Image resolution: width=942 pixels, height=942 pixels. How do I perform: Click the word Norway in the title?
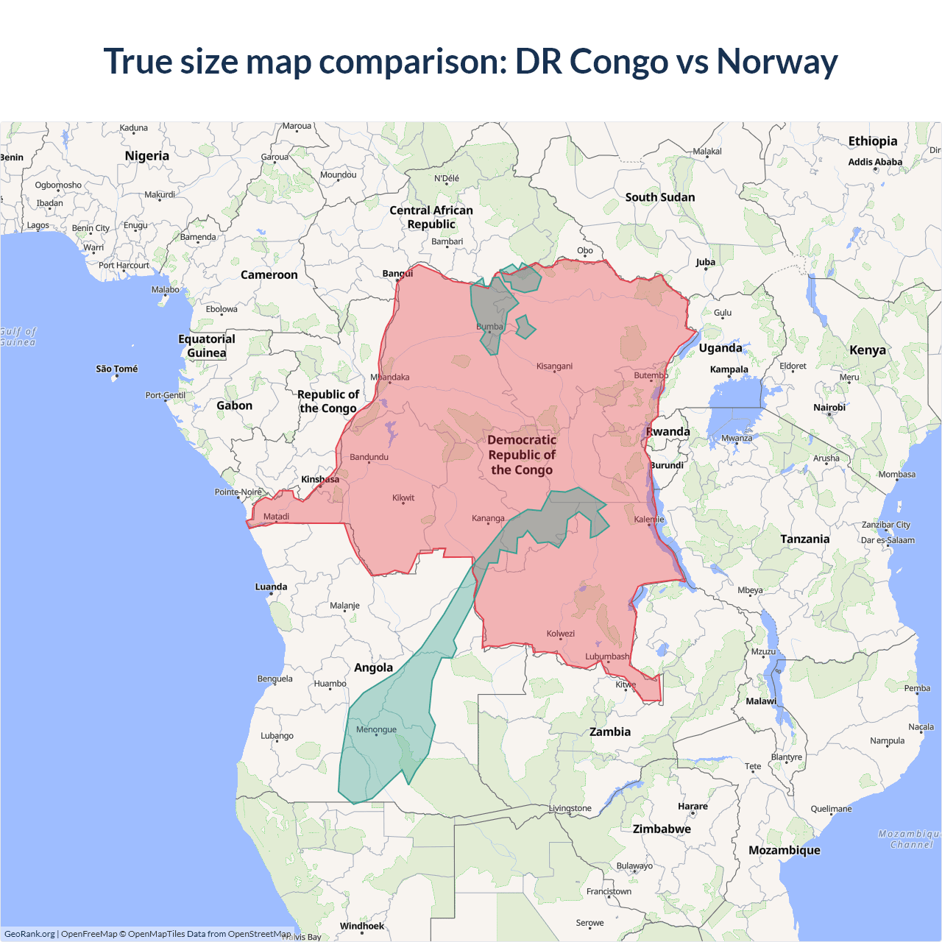tap(777, 62)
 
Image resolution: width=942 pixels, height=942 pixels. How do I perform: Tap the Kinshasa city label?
tap(320, 479)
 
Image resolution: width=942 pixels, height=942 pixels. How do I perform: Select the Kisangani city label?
tap(554, 366)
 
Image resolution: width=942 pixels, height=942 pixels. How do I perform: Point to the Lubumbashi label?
tap(607, 656)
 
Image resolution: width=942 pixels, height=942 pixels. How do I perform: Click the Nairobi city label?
tap(829, 407)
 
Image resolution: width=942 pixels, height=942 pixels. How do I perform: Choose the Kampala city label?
tap(729, 369)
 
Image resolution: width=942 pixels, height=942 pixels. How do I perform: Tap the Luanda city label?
tap(271, 587)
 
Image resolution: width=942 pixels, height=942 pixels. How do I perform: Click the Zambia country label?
tap(610, 732)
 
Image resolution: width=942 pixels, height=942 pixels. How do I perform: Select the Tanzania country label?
tap(804, 539)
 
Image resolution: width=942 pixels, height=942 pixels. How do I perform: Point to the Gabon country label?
tap(234, 406)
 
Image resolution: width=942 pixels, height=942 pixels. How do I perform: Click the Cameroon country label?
tap(269, 275)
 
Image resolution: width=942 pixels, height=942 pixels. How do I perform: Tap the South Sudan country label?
tap(660, 197)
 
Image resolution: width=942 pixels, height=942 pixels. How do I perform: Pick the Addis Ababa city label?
tap(875, 162)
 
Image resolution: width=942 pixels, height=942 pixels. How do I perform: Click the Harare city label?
tap(693, 806)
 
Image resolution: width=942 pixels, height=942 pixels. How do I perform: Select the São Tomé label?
tap(117, 369)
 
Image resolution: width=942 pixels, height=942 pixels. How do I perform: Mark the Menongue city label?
tap(376, 729)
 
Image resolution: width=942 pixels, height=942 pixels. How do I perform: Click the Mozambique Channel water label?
tap(910, 839)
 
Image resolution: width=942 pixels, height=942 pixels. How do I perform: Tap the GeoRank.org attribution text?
tap(29, 934)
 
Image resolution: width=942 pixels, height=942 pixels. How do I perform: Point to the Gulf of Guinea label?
tap(18, 337)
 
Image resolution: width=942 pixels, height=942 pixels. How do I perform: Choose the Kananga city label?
tap(488, 518)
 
